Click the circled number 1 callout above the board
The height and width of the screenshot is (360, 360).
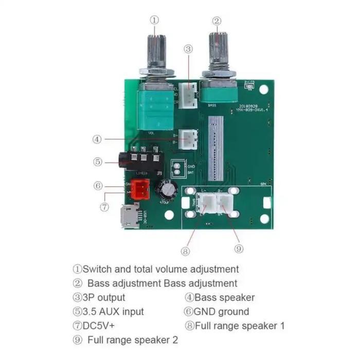pos(154,20)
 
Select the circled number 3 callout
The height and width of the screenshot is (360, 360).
pos(189,49)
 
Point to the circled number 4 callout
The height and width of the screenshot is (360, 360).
pos(97,139)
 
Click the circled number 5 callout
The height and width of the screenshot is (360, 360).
pos(97,161)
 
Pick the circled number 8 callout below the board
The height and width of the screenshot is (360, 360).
pos(186,251)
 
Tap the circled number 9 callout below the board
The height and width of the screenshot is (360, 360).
pos(238,248)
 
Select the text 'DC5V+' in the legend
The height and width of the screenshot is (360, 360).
pos(106,326)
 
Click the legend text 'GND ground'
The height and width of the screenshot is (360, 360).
pos(220,312)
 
